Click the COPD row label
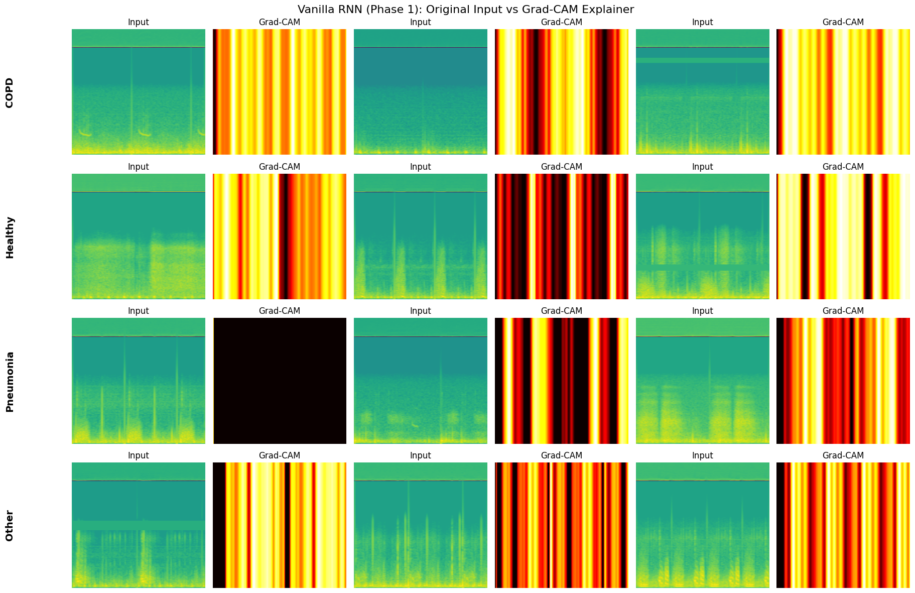pos(9,92)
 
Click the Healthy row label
pos(9,237)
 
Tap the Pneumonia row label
pos(9,382)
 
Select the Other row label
pos(9,526)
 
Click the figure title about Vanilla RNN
pos(465,9)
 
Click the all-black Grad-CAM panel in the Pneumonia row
pos(280,381)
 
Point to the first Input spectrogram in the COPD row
pos(139,92)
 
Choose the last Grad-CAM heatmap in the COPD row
pos(843,92)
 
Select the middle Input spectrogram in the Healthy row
pos(421,236)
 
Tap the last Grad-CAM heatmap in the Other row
pos(843,525)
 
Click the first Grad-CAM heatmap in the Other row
pos(280,525)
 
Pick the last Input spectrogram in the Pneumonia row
pos(702,381)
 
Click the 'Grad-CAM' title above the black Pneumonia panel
pos(280,311)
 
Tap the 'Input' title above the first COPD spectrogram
pos(139,22)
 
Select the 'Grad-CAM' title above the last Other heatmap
pos(843,455)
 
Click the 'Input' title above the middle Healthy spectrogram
pos(421,167)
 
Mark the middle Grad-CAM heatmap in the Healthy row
pos(562,236)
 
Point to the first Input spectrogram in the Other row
pos(139,525)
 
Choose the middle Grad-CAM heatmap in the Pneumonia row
pos(562,381)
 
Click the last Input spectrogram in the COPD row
pos(702,92)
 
